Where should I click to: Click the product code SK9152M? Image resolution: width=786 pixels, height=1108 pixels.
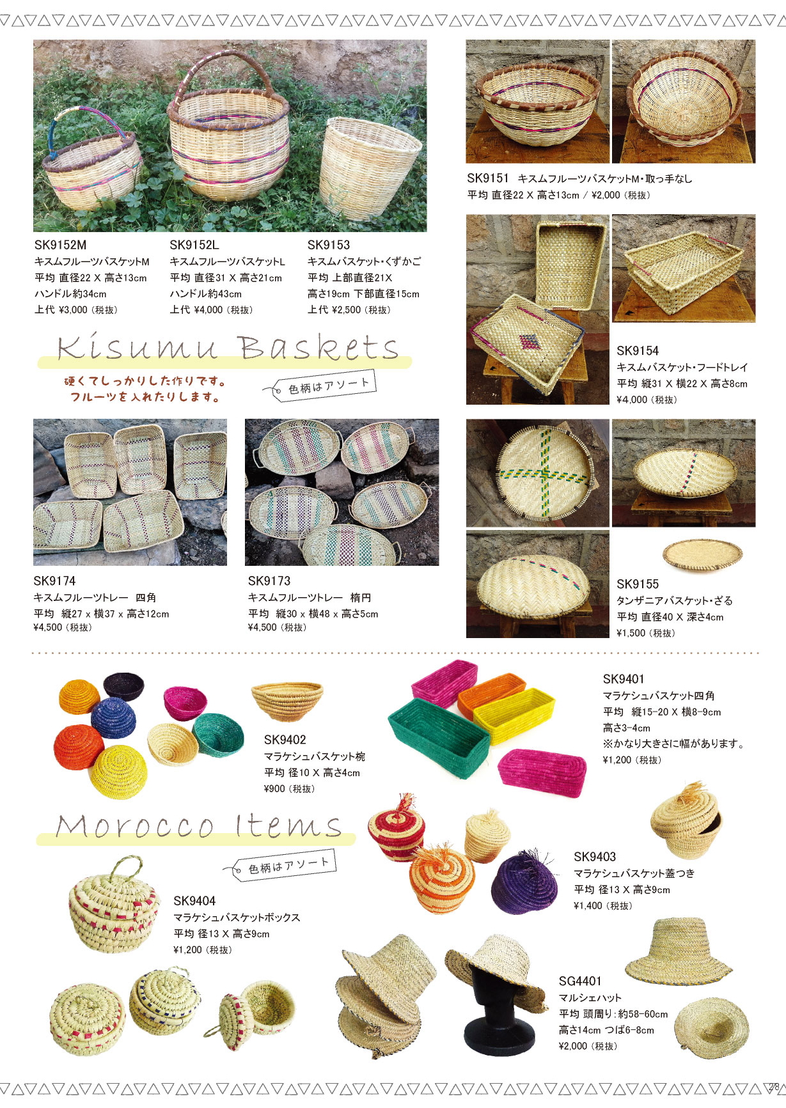(60, 245)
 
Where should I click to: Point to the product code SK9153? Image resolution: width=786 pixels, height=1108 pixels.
(329, 245)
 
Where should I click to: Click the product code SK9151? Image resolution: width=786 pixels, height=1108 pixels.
(488, 178)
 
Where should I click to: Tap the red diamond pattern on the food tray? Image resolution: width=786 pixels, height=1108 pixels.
(530, 342)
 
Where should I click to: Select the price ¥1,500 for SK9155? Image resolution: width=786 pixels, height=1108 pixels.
(631, 633)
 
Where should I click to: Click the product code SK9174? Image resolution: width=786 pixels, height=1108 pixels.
(54, 581)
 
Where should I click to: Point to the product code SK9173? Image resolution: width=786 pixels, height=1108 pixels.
(269, 581)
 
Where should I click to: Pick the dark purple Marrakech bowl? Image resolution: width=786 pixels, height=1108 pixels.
(124, 685)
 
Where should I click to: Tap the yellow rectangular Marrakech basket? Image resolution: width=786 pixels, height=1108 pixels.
(514, 716)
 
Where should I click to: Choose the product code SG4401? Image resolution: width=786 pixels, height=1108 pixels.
(580, 981)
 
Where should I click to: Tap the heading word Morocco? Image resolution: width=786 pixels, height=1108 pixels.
(134, 826)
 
